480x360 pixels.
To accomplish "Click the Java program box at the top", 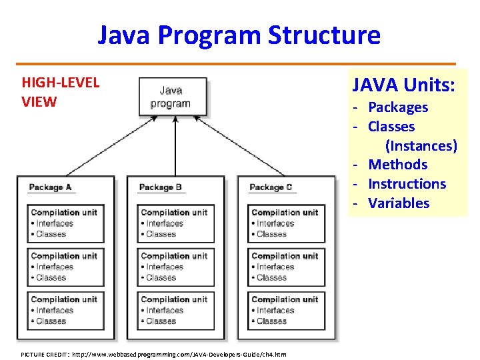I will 171,97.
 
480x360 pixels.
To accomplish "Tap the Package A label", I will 51,187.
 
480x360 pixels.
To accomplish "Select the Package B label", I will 160,187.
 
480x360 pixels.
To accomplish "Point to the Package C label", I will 271,187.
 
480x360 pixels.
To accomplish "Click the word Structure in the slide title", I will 323,35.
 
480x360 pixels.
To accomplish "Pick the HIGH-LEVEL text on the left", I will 60,83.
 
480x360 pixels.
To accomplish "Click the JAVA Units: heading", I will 404,85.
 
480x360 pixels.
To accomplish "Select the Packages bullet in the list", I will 398,107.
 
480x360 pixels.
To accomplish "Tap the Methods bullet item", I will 398,165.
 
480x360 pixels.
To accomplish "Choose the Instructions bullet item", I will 407,184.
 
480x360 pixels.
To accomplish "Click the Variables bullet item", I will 399,203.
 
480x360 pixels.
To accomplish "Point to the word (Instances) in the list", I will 421,145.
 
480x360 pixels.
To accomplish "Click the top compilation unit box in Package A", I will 65,223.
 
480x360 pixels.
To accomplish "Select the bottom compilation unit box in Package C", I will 286,310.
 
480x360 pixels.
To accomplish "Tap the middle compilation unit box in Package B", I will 175,267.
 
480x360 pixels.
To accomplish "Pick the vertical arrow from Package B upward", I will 175,147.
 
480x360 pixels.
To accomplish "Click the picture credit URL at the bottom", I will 179,354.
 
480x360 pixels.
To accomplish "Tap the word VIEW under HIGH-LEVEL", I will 39,102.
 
